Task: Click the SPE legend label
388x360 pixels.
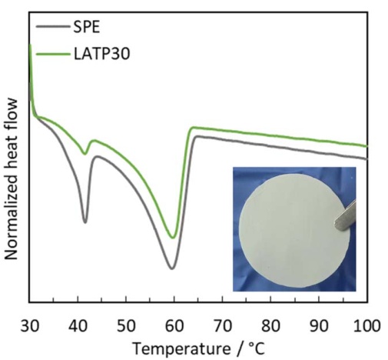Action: click(86, 27)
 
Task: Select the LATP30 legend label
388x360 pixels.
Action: click(102, 54)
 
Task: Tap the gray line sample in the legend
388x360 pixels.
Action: click(53, 26)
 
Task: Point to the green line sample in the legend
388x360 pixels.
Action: click(53, 54)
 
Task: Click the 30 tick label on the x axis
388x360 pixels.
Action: click(30, 326)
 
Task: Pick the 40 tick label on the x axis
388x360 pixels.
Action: click(78, 326)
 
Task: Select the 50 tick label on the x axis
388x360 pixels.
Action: click(126, 326)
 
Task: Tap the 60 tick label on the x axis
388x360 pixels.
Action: click(174, 326)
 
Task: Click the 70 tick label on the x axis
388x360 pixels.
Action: click(223, 326)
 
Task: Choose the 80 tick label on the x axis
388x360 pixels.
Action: click(270, 326)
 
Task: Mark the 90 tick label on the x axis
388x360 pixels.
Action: click(319, 326)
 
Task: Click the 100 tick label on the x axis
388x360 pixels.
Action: click(366, 326)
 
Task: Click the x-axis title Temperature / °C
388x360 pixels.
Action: click(199, 349)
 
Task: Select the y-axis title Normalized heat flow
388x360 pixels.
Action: click(12, 179)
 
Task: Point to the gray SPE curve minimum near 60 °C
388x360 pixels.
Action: click(172, 268)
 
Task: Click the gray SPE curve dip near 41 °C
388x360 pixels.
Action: click(85, 222)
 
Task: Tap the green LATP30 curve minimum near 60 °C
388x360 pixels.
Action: click(173, 238)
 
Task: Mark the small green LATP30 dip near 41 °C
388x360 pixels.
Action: click(85, 154)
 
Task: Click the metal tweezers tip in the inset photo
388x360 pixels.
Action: click(336, 224)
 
